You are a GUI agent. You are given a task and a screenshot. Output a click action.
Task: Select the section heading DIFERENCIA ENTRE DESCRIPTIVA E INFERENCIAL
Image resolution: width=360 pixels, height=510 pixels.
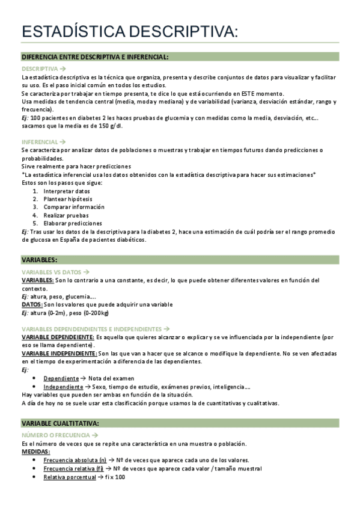(95, 57)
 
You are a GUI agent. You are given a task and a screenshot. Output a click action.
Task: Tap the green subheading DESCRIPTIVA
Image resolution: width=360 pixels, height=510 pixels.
(40, 69)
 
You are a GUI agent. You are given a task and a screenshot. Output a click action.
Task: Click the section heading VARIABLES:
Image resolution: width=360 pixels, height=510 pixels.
(40, 260)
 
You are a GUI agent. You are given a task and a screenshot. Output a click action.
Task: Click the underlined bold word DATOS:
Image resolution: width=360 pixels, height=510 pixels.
(32, 304)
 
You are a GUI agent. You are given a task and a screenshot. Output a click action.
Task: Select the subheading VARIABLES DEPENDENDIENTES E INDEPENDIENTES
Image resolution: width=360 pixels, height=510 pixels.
(91, 329)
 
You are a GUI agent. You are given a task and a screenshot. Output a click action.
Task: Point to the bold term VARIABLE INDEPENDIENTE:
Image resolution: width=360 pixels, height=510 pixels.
(58, 354)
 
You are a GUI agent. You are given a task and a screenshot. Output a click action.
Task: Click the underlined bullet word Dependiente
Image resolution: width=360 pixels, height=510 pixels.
(61, 378)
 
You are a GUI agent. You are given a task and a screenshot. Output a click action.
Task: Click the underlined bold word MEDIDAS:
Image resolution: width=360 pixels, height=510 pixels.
(36, 452)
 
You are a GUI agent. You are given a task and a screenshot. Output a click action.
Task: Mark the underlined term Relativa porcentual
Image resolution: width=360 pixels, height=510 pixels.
(69, 477)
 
